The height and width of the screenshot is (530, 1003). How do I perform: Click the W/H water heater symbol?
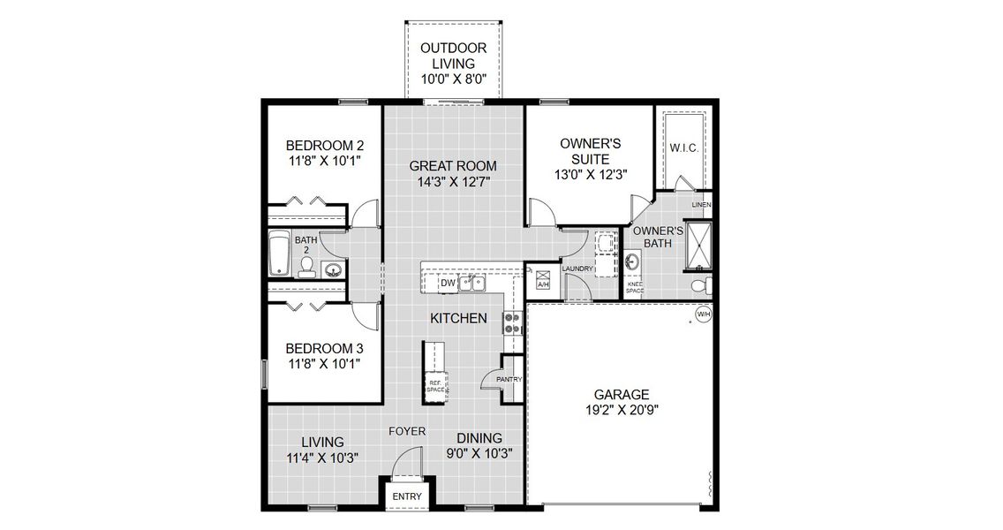click(x=704, y=314)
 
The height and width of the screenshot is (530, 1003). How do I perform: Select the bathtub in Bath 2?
click(x=280, y=254)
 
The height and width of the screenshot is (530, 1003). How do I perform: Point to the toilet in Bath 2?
click(x=307, y=269)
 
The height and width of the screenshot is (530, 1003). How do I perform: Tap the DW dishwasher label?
click(x=448, y=284)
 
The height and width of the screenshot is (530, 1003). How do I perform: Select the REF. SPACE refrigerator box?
click(x=435, y=385)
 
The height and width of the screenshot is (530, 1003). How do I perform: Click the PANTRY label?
click(x=509, y=380)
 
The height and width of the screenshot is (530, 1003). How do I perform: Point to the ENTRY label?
click(x=407, y=496)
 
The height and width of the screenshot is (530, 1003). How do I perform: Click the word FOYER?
click(x=408, y=431)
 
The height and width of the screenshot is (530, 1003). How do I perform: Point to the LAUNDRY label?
click(x=577, y=269)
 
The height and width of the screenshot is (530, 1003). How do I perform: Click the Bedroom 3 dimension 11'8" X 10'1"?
click(x=324, y=363)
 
